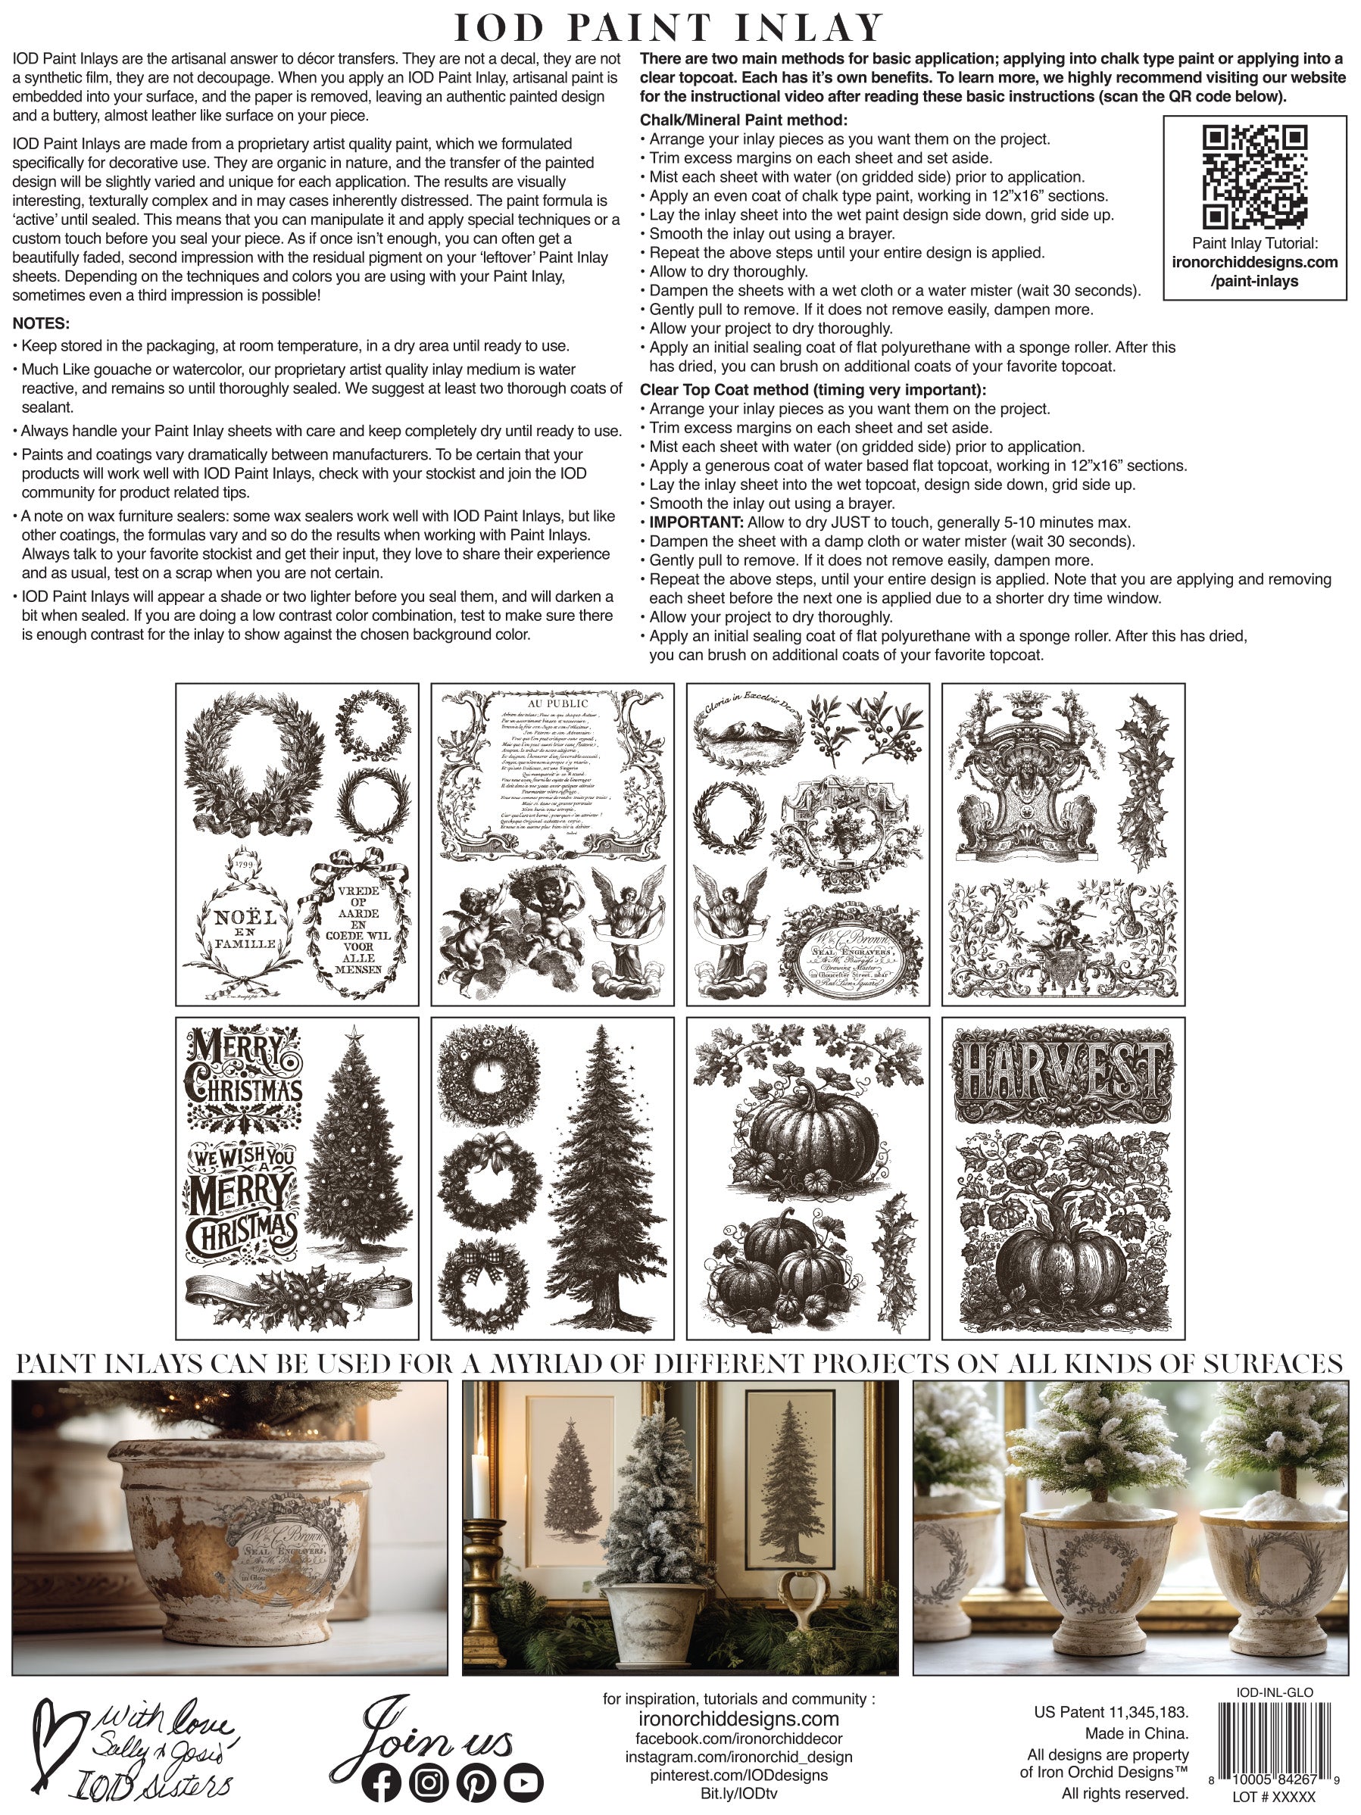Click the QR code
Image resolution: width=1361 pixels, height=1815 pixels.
[1254, 176]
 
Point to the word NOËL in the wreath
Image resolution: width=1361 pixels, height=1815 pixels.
[245, 918]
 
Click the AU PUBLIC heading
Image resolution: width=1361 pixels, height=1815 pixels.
[557, 703]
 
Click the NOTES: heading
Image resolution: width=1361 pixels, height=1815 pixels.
[41, 323]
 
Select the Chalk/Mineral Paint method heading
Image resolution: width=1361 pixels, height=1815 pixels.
[744, 120]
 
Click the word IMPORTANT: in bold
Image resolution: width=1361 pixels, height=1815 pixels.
[696, 522]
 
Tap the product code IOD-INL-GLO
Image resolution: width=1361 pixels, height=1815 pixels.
[1274, 1692]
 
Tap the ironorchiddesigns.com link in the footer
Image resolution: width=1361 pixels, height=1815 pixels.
[738, 1719]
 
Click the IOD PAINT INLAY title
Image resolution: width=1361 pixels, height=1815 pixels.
[669, 28]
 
